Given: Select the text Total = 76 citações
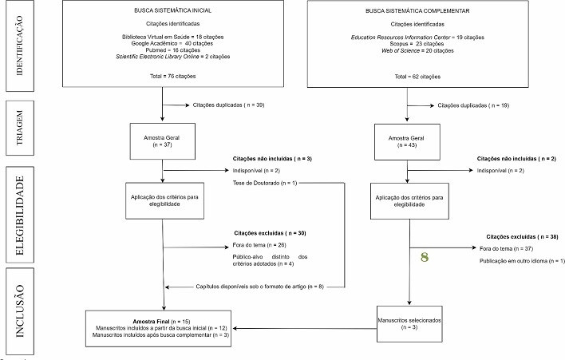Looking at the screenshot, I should point(162,76).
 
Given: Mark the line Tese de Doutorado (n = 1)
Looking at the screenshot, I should point(264,184).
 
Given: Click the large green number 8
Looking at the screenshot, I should point(425,258).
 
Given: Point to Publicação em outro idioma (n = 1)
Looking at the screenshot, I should point(522,262).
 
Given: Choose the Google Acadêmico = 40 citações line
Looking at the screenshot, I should point(162,43).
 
